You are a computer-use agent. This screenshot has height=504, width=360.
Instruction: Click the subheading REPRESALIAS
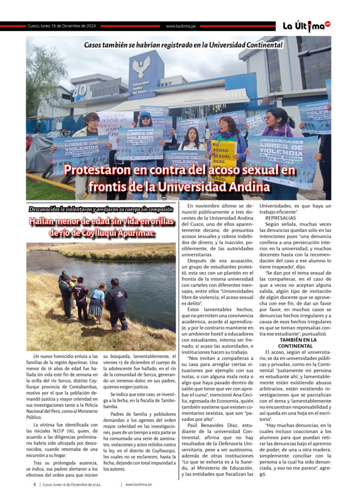(281, 217)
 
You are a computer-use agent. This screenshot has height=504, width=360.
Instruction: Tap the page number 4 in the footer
(34, 484)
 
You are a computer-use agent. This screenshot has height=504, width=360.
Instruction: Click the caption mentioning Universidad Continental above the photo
(183, 45)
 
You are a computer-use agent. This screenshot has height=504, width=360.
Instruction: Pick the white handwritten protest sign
(115, 121)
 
